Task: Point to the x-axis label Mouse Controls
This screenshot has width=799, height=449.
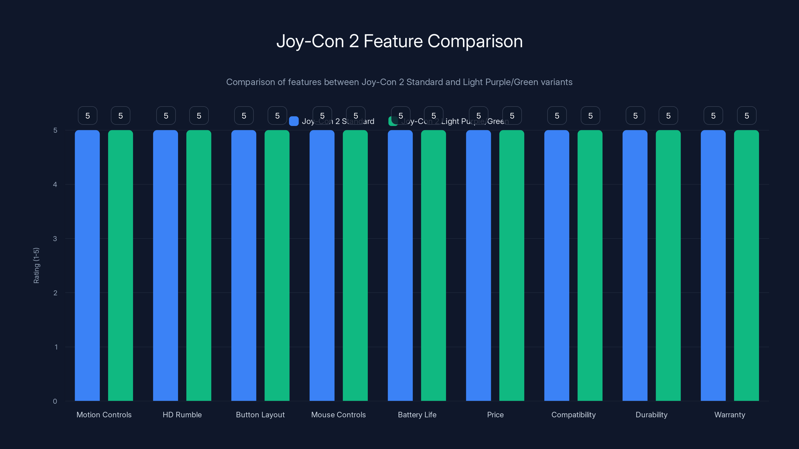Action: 338,415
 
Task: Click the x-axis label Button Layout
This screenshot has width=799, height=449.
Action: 260,415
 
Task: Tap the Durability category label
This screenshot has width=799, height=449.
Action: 651,415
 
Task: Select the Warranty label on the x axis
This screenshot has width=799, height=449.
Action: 730,415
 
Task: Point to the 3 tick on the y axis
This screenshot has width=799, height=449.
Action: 55,239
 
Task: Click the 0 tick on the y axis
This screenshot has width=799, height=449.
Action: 55,401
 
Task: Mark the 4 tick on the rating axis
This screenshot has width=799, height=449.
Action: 55,184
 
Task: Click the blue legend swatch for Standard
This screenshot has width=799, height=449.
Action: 293,121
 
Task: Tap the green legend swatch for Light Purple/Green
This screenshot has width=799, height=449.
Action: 393,121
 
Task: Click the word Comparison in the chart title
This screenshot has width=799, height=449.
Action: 475,41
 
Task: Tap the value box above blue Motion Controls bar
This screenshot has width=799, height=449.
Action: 87,115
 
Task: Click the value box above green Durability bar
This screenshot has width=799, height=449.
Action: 668,115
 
